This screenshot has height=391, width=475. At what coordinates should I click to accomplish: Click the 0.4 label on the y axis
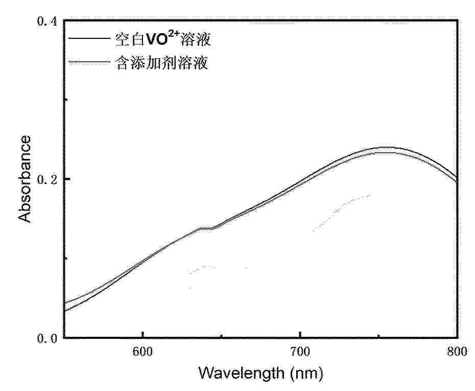tap(47, 21)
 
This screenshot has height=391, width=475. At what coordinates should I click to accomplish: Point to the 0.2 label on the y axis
tap(47, 179)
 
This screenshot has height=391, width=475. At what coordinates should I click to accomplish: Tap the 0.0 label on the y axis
tap(47, 338)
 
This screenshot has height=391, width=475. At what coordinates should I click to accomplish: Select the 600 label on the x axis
tap(142, 352)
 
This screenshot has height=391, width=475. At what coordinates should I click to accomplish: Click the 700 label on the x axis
tap(300, 352)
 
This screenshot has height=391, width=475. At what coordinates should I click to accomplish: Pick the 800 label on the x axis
tap(457, 352)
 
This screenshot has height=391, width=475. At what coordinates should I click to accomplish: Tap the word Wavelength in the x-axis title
tap(242, 373)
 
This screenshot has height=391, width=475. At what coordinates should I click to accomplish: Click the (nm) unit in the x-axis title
tap(306, 374)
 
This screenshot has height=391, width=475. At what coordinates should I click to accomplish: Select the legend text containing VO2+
tap(163, 39)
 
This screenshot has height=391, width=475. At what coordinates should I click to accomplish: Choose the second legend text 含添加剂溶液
tap(161, 63)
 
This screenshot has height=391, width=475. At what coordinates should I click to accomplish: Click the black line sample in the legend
tap(89, 38)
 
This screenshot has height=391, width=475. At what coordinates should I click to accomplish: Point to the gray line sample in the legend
tap(89, 62)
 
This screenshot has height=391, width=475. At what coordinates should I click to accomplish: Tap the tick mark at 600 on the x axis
tap(142, 334)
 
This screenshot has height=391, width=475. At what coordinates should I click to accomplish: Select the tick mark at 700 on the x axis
tap(300, 334)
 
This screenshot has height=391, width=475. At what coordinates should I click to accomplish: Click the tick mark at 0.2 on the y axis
tap(68, 179)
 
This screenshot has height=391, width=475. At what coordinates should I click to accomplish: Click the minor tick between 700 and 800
tap(378, 335)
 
